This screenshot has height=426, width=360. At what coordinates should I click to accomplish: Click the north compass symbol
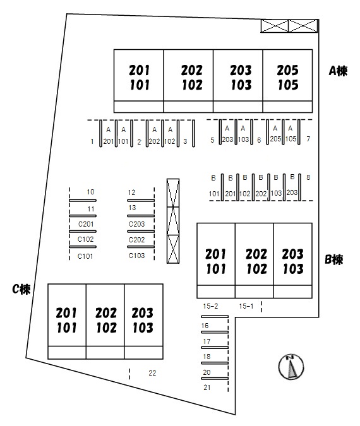291,367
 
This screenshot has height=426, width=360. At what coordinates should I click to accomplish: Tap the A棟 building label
338,71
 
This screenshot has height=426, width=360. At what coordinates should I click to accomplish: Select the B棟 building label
334,260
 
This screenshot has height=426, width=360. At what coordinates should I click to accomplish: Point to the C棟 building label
21,289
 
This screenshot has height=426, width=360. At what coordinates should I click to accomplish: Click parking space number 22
152,373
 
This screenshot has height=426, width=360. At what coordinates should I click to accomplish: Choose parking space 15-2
210,306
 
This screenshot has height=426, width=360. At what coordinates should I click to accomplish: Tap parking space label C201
86,224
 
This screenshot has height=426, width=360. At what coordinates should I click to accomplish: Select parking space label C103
137,256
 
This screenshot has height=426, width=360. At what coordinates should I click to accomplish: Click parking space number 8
308,177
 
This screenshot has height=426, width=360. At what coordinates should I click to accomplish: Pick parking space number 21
207,388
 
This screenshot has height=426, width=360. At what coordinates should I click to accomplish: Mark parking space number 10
90,192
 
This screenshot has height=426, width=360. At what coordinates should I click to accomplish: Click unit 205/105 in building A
287,78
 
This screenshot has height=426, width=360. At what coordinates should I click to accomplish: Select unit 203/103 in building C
143,320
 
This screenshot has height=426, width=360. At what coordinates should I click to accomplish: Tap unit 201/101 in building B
215,261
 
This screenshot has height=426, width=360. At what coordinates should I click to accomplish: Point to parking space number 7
308,139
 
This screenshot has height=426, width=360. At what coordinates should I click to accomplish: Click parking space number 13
132,208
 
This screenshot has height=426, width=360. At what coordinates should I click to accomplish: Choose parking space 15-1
246,306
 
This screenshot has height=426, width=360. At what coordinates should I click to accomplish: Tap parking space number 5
212,140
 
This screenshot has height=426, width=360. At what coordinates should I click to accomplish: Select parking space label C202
137,240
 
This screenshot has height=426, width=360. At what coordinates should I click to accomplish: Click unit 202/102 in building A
192,78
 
